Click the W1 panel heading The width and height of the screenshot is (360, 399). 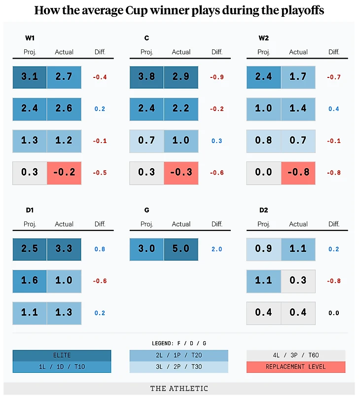coord(30,38)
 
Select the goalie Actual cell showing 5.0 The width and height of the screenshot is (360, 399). coord(181,249)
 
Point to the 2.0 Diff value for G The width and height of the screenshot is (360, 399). coord(216,249)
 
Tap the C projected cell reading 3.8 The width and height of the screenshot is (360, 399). coord(146,77)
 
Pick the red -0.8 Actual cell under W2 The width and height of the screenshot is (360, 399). coord(298,173)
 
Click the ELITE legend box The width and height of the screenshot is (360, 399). coord(62,355)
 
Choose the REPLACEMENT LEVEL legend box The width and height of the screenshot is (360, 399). coord(296,367)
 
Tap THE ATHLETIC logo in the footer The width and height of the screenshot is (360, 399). coord(179,389)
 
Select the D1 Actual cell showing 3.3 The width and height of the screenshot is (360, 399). coord(64,249)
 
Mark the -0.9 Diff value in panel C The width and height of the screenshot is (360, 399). coord(216,77)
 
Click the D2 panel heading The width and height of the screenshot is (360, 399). coord(264,210)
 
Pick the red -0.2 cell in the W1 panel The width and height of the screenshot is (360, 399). coord(64,173)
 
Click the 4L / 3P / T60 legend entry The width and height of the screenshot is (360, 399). coord(296,355)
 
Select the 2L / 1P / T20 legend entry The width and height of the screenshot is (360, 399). coord(179,355)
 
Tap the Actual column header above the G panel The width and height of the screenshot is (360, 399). coord(181,224)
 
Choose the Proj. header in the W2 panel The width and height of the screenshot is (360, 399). coord(264,52)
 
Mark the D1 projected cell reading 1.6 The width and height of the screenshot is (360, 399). coord(30,281)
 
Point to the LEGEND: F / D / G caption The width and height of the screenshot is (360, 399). coord(179,343)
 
